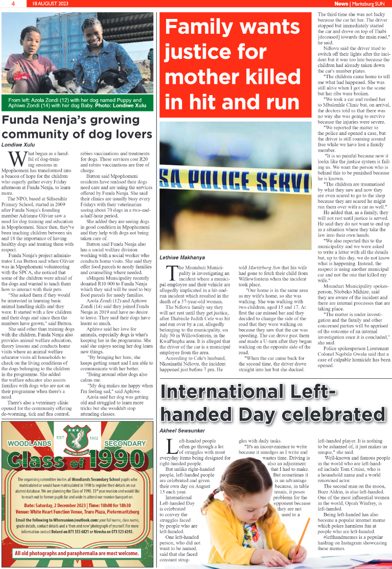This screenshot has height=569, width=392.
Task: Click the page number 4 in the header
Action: [x=12, y=4]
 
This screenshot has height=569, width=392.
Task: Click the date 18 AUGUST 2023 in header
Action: [x=49, y=4]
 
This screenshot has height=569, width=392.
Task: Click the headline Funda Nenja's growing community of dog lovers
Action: [x=77, y=127]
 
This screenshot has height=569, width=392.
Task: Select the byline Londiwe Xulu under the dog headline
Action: [x=19, y=145]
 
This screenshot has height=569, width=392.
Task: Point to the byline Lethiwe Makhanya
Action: [x=182, y=257]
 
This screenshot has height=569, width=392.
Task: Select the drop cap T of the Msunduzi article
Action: [x=168, y=273]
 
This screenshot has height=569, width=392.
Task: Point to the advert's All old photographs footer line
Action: [x=77, y=553]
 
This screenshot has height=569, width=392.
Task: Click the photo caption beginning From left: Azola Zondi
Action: [x=77, y=102]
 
